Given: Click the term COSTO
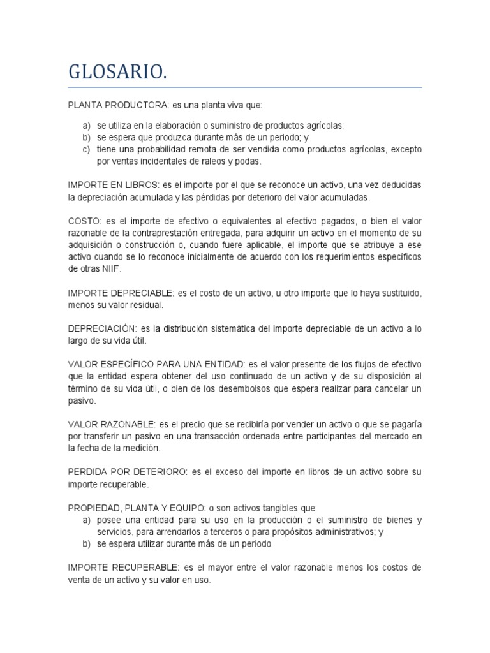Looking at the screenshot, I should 82,220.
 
